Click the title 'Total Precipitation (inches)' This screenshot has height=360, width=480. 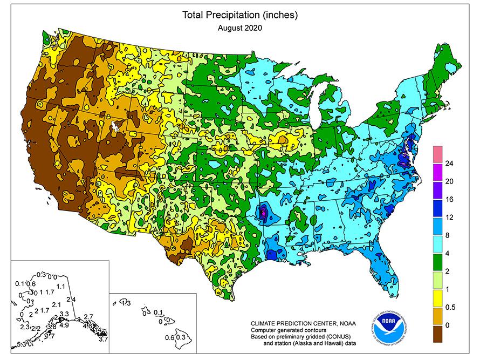tap(239, 15)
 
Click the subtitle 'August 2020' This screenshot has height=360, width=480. tap(239, 29)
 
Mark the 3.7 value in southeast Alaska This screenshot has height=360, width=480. tap(104, 339)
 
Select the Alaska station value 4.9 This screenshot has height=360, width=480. tap(63, 325)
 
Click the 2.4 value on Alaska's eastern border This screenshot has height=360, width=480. tap(71, 299)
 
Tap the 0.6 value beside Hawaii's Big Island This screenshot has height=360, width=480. tap(168, 337)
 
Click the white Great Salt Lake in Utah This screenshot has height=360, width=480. tap(114, 127)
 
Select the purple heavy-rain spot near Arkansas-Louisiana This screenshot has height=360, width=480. tap(263, 212)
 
